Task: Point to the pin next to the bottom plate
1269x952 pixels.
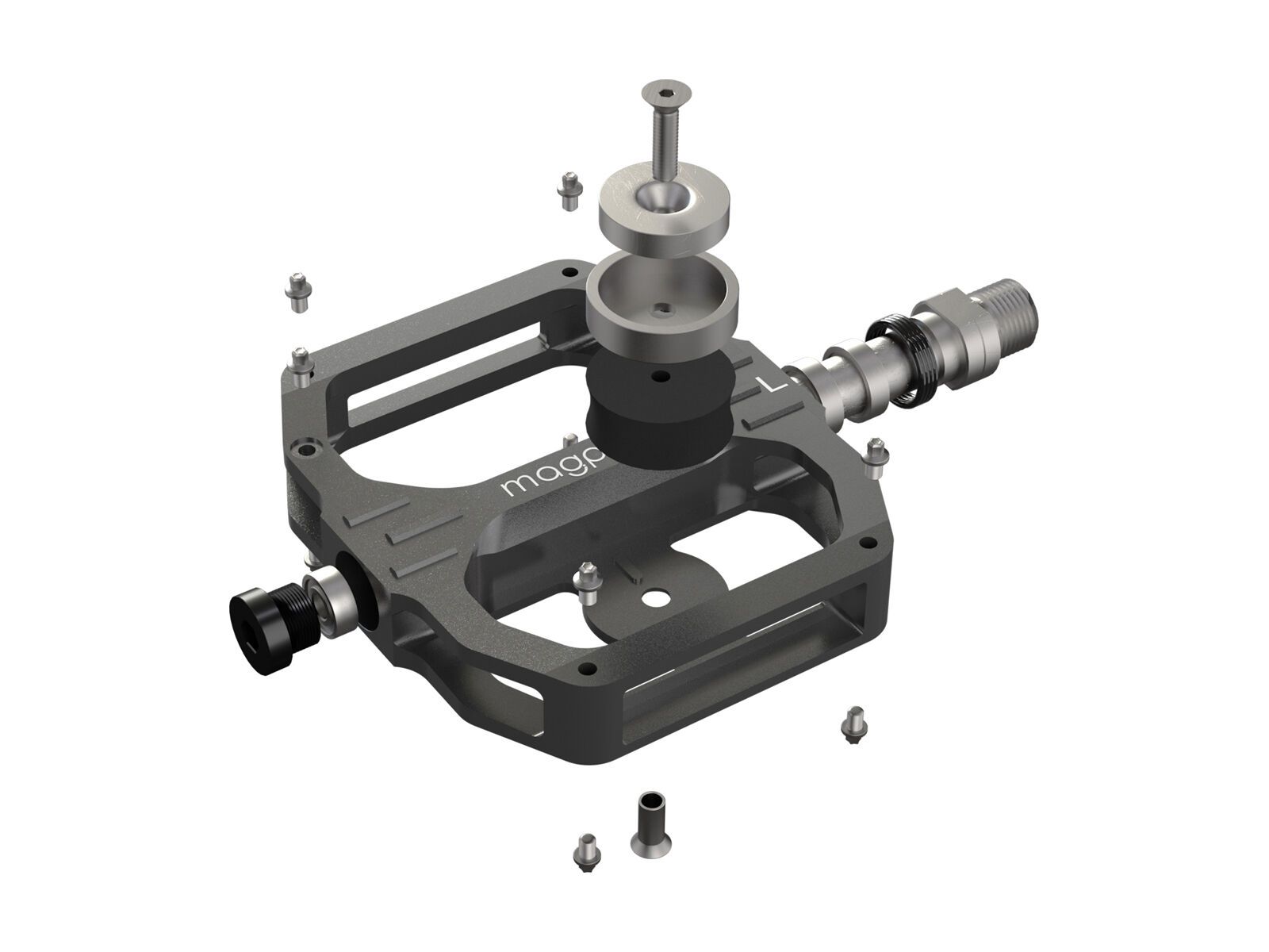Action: [x=588, y=579]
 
